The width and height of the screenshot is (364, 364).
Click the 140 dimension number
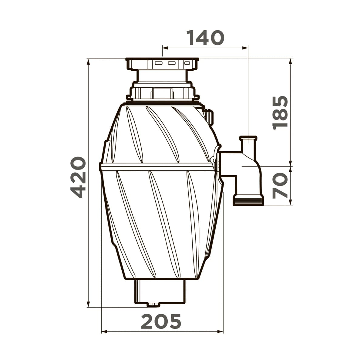pos(205,38)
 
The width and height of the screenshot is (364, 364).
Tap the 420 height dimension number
pos(78,177)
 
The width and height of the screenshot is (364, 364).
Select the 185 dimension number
pos(280,113)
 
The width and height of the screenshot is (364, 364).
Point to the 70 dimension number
pos(280,186)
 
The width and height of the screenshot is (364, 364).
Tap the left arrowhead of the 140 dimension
pos(165,48)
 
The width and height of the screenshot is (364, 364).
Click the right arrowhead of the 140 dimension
pos(245,48)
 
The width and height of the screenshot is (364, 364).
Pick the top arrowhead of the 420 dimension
pos(88,62)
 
